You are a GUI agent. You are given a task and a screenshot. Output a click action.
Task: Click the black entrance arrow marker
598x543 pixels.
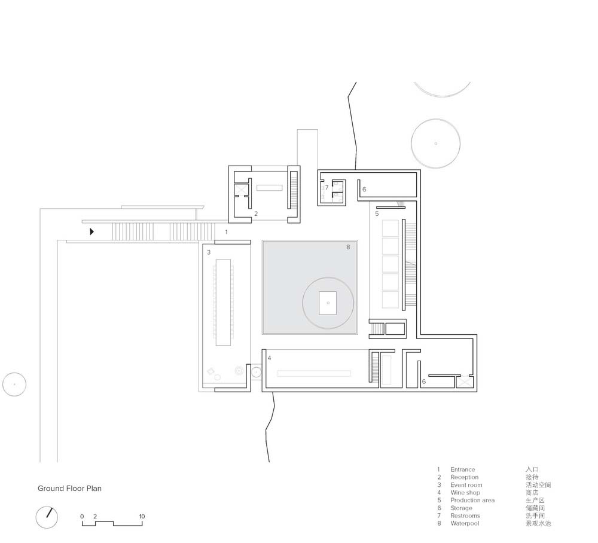91,231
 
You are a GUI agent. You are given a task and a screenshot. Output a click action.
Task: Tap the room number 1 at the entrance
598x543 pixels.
226,232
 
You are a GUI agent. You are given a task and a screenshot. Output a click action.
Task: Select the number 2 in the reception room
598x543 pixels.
256,214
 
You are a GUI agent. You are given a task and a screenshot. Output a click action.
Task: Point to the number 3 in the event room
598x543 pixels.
209,252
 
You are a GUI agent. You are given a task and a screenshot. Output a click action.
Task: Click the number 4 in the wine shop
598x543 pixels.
269,358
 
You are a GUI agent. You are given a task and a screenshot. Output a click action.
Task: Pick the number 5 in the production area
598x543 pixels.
377,214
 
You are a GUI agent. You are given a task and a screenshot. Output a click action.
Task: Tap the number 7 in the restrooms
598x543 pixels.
327,188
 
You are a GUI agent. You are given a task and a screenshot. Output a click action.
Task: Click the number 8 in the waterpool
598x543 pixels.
348,247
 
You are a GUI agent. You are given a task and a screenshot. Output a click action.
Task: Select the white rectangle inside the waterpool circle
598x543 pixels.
328,303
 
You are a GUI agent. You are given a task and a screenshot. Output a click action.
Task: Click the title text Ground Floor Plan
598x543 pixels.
69,489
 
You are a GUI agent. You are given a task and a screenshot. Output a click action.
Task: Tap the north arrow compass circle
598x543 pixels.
47,517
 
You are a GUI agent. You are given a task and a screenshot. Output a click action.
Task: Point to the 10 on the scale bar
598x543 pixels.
142,516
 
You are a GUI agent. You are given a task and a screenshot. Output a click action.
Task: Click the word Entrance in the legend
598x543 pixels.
463,469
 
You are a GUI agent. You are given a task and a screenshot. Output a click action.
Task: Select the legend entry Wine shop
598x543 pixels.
465,493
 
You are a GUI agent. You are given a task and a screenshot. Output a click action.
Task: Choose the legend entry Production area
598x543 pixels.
472,501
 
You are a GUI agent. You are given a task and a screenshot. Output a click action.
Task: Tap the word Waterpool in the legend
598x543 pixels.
465,523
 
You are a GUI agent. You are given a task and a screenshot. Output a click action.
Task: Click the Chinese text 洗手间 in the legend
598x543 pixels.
535,515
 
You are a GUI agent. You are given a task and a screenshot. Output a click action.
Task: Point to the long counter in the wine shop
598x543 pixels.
313,374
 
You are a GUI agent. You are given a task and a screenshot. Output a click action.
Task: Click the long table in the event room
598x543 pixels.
223,303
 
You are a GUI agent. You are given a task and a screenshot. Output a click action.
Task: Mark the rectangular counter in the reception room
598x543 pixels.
269,188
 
